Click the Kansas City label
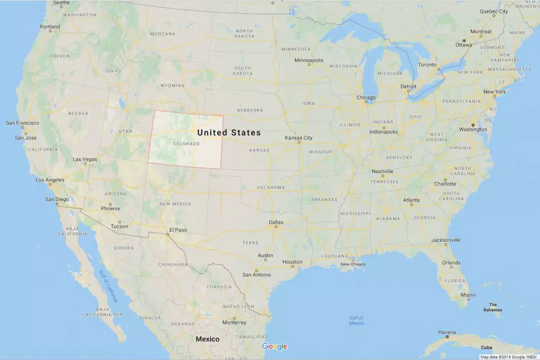[299, 138]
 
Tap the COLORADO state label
[186, 144]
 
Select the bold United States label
[228, 132]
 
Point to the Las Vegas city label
[84, 160]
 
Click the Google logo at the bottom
[274, 346]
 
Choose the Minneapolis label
[308, 60]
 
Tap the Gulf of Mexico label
[356, 320]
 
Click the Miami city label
[468, 295]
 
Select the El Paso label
[177, 230]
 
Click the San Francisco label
[23, 123]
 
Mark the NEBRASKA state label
[250, 110]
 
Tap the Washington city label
[473, 129]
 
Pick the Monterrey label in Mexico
[234, 322]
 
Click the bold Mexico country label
[207, 339]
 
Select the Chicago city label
[366, 97]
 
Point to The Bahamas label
[493, 307]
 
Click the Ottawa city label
[464, 45]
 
